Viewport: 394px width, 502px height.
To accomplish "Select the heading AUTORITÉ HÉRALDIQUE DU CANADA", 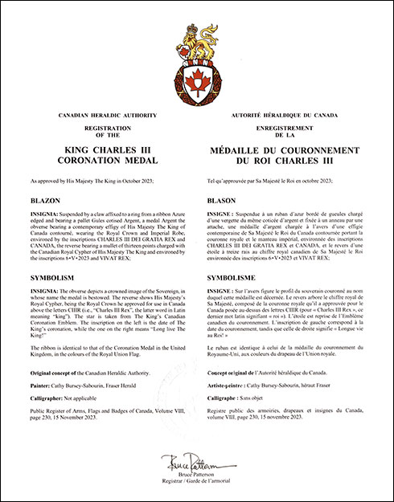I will (x=271, y=117).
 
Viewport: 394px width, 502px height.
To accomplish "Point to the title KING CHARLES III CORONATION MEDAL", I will (x=101, y=154).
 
